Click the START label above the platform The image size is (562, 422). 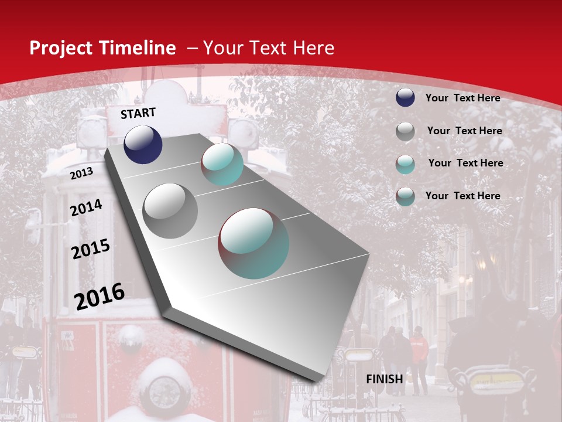point(138,113)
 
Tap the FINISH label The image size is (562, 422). point(384,379)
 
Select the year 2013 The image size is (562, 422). point(81,173)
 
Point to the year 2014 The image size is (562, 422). point(86,208)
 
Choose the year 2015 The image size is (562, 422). point(90,249)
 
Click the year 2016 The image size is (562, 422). point(100,296)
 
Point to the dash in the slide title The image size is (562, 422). point(191,49)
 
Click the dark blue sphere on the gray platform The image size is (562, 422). point(143,144)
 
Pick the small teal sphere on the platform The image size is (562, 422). point(222,164)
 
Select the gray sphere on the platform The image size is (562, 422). point(170,210)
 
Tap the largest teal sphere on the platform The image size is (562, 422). point(253,243)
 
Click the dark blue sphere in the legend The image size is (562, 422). point(405,97)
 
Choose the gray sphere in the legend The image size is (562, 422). point(405,131)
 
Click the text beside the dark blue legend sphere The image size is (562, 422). point(462,98)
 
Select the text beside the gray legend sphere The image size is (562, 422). point(464,131)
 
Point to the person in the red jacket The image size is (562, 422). point(418,358)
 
